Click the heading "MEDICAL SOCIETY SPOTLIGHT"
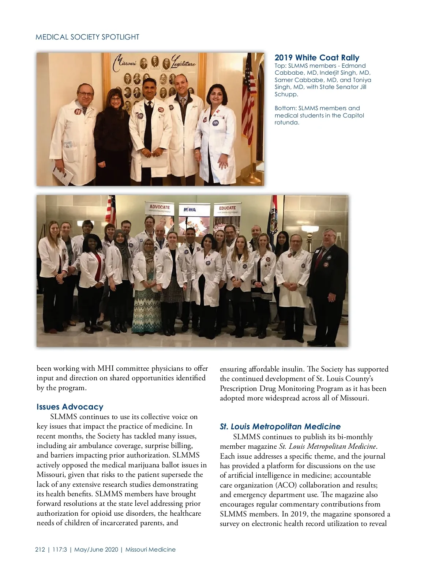[87, 37]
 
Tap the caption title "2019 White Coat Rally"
[317, 57]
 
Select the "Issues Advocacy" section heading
[70, 407]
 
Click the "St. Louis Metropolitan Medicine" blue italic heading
[280, 426]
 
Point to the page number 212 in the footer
[40, 549]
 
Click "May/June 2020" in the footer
[96, 549]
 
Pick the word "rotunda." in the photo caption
[287, 122]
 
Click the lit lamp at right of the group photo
[309, 230]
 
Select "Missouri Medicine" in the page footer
[150, 549]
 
